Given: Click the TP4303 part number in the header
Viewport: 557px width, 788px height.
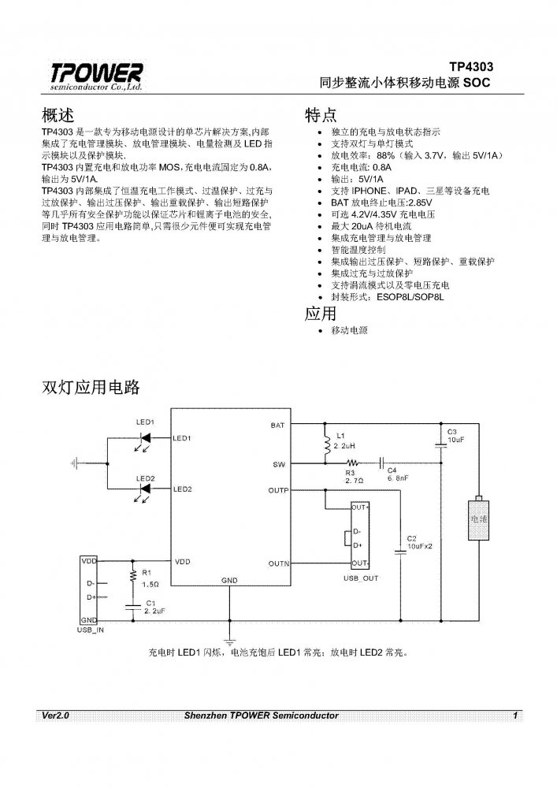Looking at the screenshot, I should click(471, 67).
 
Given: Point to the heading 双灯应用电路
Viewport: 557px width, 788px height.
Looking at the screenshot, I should click(89, 388).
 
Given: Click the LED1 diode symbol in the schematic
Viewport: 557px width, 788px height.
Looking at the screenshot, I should click(146, 437).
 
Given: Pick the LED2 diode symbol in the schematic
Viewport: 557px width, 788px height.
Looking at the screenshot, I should click(146, 490).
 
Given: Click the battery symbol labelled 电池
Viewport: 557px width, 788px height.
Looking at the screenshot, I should click(479, 519).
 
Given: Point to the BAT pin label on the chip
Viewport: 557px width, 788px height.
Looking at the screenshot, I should click(277, 426).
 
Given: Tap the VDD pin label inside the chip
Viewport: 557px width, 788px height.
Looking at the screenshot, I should click(183, 562).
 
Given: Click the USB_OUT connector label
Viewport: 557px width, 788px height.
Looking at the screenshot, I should click(361, 578).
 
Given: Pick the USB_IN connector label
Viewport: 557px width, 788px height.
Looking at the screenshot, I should click(91, 630).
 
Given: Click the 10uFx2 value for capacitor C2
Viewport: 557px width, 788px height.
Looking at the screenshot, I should click(418, 546).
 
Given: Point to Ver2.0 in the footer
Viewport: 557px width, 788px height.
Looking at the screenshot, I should click(57, 715).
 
